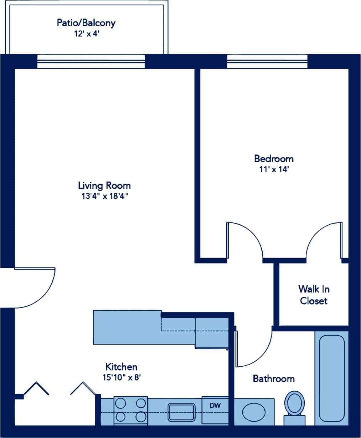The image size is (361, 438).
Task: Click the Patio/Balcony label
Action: click(x=86, y=23)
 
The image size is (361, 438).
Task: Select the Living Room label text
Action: click(x=104, y=185)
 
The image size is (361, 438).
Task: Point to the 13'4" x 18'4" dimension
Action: click(x=104, y=196)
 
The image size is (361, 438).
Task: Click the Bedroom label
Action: click(x=273, y=158)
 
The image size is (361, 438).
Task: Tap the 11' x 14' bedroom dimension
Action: click(x=273, y=169)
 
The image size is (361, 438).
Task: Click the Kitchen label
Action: click(x=121, y=367)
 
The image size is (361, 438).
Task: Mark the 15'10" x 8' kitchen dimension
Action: click(x=121, y=377)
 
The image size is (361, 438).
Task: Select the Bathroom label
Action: click(x=273, y=378)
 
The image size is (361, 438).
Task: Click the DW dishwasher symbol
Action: click(x=215, y=406)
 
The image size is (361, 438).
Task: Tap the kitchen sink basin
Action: click(x=182, y=412)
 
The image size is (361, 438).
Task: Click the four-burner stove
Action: click(x=131, y=410)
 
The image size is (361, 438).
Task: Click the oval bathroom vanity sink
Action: click(x=254, y=412)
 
